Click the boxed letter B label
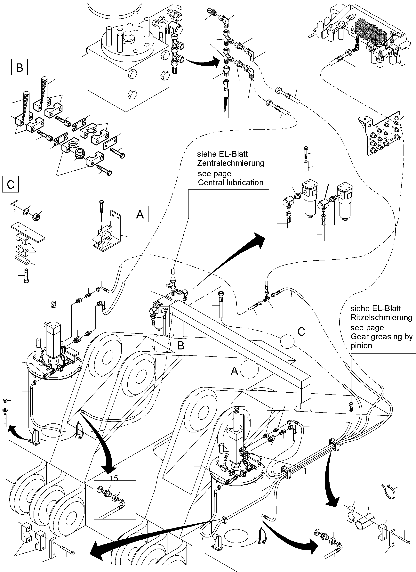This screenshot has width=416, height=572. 19,67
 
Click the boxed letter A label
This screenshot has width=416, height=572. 140,214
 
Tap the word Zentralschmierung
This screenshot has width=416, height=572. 230,163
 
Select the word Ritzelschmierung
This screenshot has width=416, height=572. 381,317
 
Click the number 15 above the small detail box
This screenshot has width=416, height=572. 114,478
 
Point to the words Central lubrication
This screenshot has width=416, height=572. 230,182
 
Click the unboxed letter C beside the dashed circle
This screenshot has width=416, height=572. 301,332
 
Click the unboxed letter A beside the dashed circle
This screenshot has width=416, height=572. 234,371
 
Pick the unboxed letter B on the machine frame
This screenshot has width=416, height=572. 180,346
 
